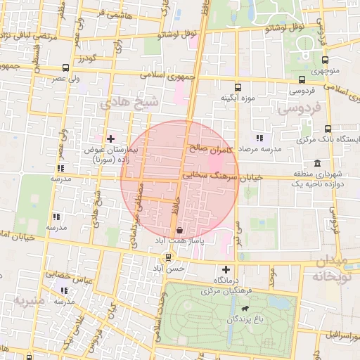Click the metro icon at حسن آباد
coord(167,257)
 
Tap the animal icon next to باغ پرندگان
coord(244,309)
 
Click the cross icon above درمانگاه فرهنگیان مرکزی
coord(226,269)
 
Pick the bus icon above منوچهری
coord(326,61)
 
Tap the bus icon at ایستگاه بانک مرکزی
coord(328,129)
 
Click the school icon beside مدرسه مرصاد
coord(259,139)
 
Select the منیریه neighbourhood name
coord(30,300)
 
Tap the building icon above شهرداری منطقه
coord(319,163)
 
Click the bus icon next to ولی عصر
coord(66,68)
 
